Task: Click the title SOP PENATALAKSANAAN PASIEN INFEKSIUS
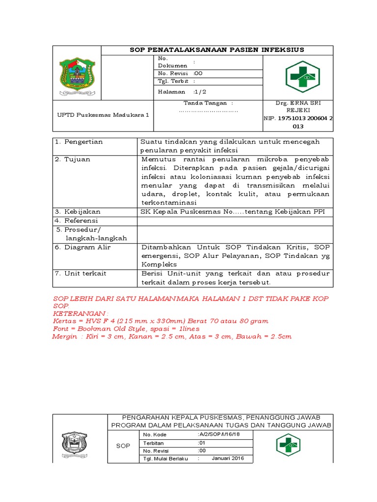(x=216, y=50)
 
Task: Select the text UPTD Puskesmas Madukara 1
(x=102, y=115)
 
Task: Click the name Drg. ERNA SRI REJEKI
(x=297, y=106)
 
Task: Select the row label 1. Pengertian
(x=79, y=142)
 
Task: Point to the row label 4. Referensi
(x=78, y=221)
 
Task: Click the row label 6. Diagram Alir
(x=83, y=247)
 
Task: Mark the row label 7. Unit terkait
(x=81, y=274)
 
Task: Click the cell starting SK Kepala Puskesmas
(x=233, y=212)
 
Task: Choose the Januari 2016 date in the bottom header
(x=228, y=458)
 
